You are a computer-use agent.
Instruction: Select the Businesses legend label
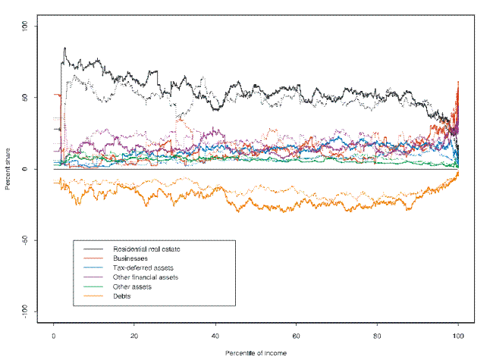tap(130, 258)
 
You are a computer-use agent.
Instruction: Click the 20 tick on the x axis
tap(134, 335)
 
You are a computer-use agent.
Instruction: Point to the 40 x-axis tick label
tap(215, 335)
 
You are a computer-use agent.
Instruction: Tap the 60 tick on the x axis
tap(297, 335)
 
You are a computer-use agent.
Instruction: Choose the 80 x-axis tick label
tap(377, 335)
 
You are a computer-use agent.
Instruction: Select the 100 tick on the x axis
tap(458, 335)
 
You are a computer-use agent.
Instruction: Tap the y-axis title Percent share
tap(8, 169)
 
